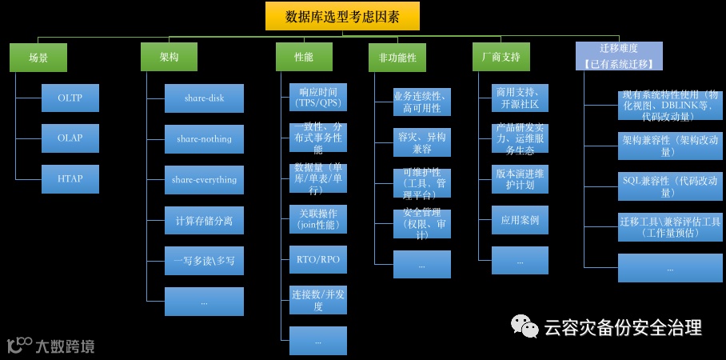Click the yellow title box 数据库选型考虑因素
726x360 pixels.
tap(342, 16)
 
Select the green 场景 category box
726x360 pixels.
tap(38, 58)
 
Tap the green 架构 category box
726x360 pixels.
tap(169, 58)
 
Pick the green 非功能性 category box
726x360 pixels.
tap(397, 58)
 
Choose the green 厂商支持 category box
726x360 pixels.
tap(501, 58)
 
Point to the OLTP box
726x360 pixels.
tap(70, 98)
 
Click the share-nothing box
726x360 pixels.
tap(204, 139)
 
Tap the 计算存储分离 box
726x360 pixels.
tap(204, 220)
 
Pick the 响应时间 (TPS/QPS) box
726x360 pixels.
tap(317, 98)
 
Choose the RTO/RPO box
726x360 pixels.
tap(317, 260)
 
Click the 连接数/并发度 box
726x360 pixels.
tap(317, 300)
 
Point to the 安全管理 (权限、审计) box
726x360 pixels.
tap(421, 224)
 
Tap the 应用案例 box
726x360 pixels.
tap(520, 220)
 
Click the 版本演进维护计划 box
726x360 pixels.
tap(520, 179)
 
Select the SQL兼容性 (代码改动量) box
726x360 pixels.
tap(670, 186)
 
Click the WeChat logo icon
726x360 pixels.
tap(526, 326)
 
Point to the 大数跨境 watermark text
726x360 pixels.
tap(64, 346)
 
